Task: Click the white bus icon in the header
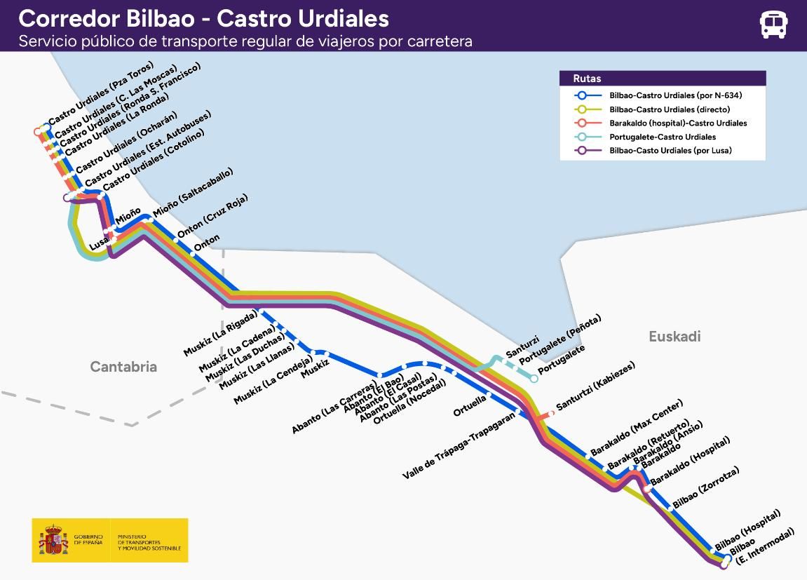[x=773, y=25]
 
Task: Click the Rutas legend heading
[x=587, y=79]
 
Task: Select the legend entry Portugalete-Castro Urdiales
[x=652, y=137]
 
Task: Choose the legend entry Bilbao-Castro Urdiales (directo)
[x=669, y=109]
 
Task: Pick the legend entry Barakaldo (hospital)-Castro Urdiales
[x=677, y=123]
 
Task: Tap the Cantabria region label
[x=123, y=367]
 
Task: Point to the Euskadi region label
[x=674, y=337]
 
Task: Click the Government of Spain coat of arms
[x=53, y=540]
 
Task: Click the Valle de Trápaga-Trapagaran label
[x=459, y=445]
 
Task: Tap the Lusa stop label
[x=98, y=244]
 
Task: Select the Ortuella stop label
[x=469, y=406]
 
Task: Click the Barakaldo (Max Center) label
[x=636, y=428]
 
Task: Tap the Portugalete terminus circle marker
[x=534, y=379]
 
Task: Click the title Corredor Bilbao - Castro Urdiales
[x=203, y=18]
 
